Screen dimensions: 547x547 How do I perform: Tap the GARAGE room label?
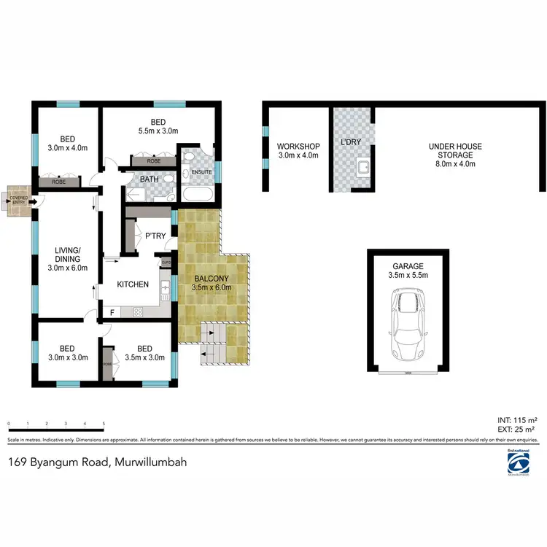click(408, 266)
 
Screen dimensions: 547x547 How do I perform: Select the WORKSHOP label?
click(298, 146)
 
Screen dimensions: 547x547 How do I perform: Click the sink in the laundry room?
click(360, 171)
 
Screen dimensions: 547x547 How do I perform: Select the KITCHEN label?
click(133, 284)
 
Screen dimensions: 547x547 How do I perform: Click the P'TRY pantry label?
click(156, 235)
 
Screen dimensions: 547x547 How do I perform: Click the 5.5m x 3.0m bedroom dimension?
click(159, 131)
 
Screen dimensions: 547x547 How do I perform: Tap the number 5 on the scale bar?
click(104, 423)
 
